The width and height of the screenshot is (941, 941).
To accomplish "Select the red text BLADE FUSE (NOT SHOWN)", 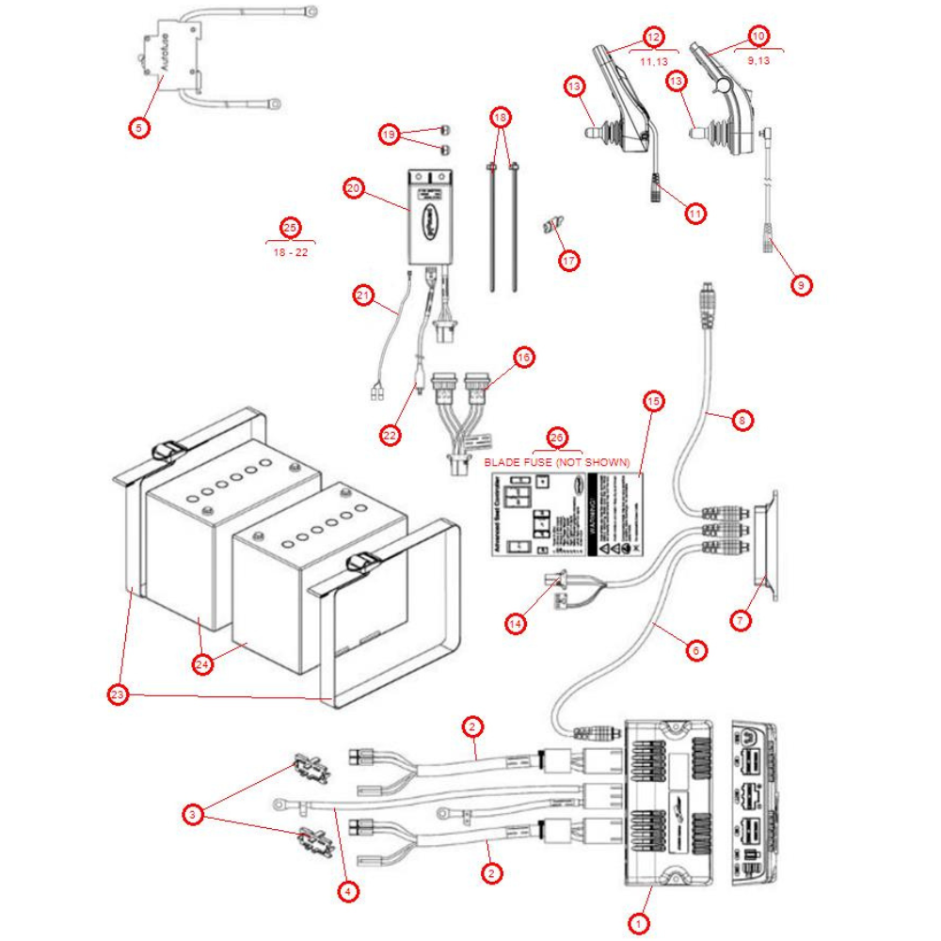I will point(557,463).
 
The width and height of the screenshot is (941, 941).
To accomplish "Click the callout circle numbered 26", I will point(557,439).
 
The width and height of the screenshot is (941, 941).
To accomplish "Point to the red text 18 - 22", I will point(290,252).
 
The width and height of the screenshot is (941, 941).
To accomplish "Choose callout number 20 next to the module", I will point(354,188).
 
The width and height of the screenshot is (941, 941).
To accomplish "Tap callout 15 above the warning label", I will point(653,402).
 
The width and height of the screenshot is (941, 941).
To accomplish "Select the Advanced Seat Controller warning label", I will point(566,515).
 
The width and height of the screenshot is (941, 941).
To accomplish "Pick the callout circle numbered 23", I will point(117,695).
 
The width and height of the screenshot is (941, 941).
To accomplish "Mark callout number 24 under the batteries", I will point(202,664).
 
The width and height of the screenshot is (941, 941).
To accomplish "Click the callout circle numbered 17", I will point(568,261).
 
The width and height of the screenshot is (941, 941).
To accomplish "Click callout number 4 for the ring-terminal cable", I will point(349,890).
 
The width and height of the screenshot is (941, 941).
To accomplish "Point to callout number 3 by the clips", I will point(193,815).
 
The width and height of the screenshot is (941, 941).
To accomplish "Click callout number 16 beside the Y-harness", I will point(524,357).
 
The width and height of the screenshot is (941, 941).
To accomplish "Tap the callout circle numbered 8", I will point(742,421).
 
